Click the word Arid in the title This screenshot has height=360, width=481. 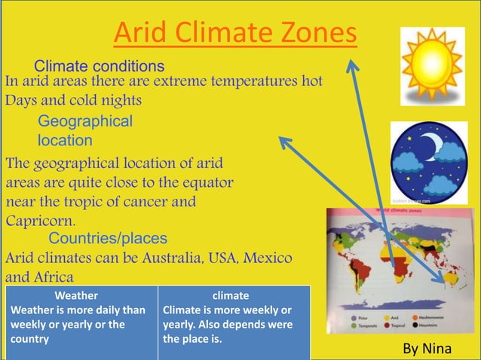142,33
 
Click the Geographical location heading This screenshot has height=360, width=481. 84,130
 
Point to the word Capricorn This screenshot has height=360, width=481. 40,221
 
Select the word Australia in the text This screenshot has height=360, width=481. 164,258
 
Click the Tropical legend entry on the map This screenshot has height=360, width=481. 414,329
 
